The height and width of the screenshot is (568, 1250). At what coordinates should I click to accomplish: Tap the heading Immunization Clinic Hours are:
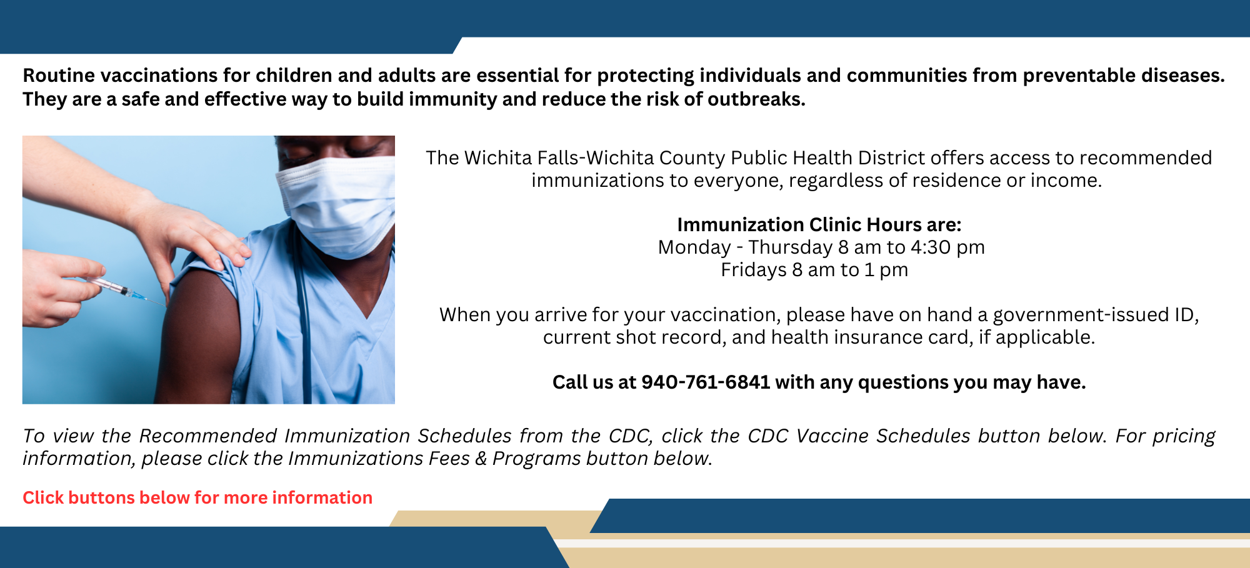tap(819, 224)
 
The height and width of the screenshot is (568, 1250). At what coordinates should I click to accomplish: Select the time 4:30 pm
tap(947, 247)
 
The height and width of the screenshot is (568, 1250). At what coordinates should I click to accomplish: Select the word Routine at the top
tap(59, 76)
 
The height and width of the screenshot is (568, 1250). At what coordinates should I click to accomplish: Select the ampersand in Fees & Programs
tap(481, 459)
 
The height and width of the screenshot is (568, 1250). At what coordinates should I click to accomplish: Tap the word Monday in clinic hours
tap(694, 247)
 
